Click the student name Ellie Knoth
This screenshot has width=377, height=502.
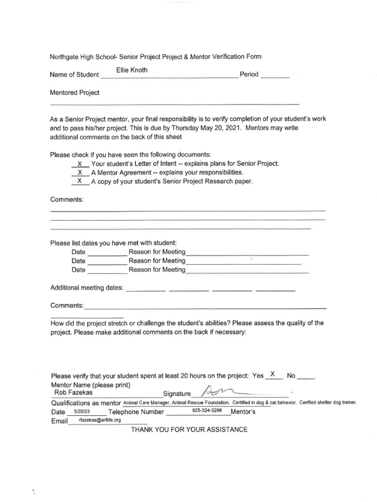pyautogui.click(x=132, y=71)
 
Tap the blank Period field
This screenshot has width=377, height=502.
pyautogui.click(x=275, y=76)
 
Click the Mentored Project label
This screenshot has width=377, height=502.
pyautogui.click(x=75, y=93)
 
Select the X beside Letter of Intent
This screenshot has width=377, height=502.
pyautogui.click(x=80, y=164)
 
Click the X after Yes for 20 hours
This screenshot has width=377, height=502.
pyautogui.click(x=272, y=374)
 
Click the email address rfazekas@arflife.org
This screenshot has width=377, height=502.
pyautogui.click(x=100, y=420)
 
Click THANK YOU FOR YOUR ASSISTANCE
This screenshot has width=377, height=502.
pyautogui.click(x=189, y=430)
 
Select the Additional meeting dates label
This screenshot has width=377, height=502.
pyautogui.click(x=87, y=288)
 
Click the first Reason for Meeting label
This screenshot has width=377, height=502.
pyautogui.click(x=157, y=252)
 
